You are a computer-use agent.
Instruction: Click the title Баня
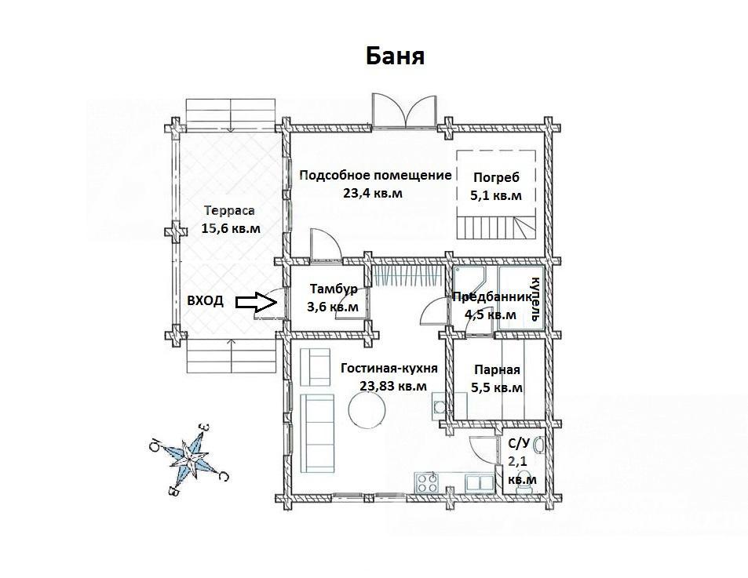tap(395, 56)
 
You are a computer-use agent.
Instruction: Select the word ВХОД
tap(205, 301)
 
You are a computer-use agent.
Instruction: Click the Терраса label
tap(229, 211)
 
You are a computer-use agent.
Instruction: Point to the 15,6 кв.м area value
tap(231, 228)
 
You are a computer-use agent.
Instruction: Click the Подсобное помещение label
tap(375, 176)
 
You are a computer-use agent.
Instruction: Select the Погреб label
tap(496, 177)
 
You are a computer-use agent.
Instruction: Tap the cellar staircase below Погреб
tap(496, 227)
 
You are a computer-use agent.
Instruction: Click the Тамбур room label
tap(334, 289)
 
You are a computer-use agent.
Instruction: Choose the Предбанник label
tap(492, 297)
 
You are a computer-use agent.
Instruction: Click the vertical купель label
tap(536, 299)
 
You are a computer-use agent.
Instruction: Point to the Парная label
tap(497, 369)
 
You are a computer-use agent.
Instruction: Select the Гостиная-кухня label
tap(389, 369)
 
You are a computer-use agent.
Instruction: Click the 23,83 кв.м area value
tap(393, 386)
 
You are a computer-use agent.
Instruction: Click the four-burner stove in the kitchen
tap(427, 482)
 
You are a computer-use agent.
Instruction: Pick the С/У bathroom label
tap(519, 444)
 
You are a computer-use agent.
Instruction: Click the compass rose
tap(189, 457)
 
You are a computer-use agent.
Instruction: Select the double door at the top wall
tap(404, 111)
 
